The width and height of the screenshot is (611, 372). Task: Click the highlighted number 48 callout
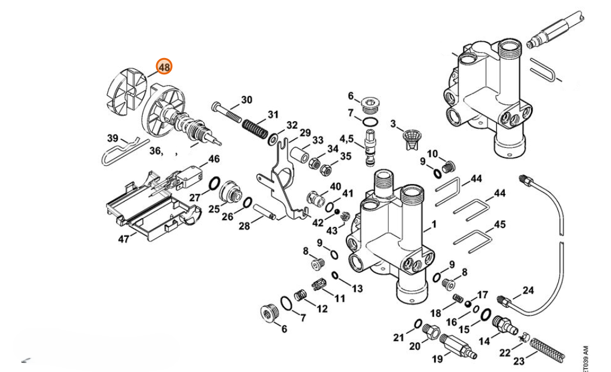164,67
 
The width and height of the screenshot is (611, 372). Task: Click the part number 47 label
124,239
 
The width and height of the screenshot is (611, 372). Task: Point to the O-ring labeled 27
214,185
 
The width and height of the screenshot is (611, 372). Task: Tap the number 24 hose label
528,290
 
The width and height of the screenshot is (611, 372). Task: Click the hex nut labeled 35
327,169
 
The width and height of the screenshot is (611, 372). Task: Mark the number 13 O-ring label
357,288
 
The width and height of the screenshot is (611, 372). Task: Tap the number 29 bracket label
305,133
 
